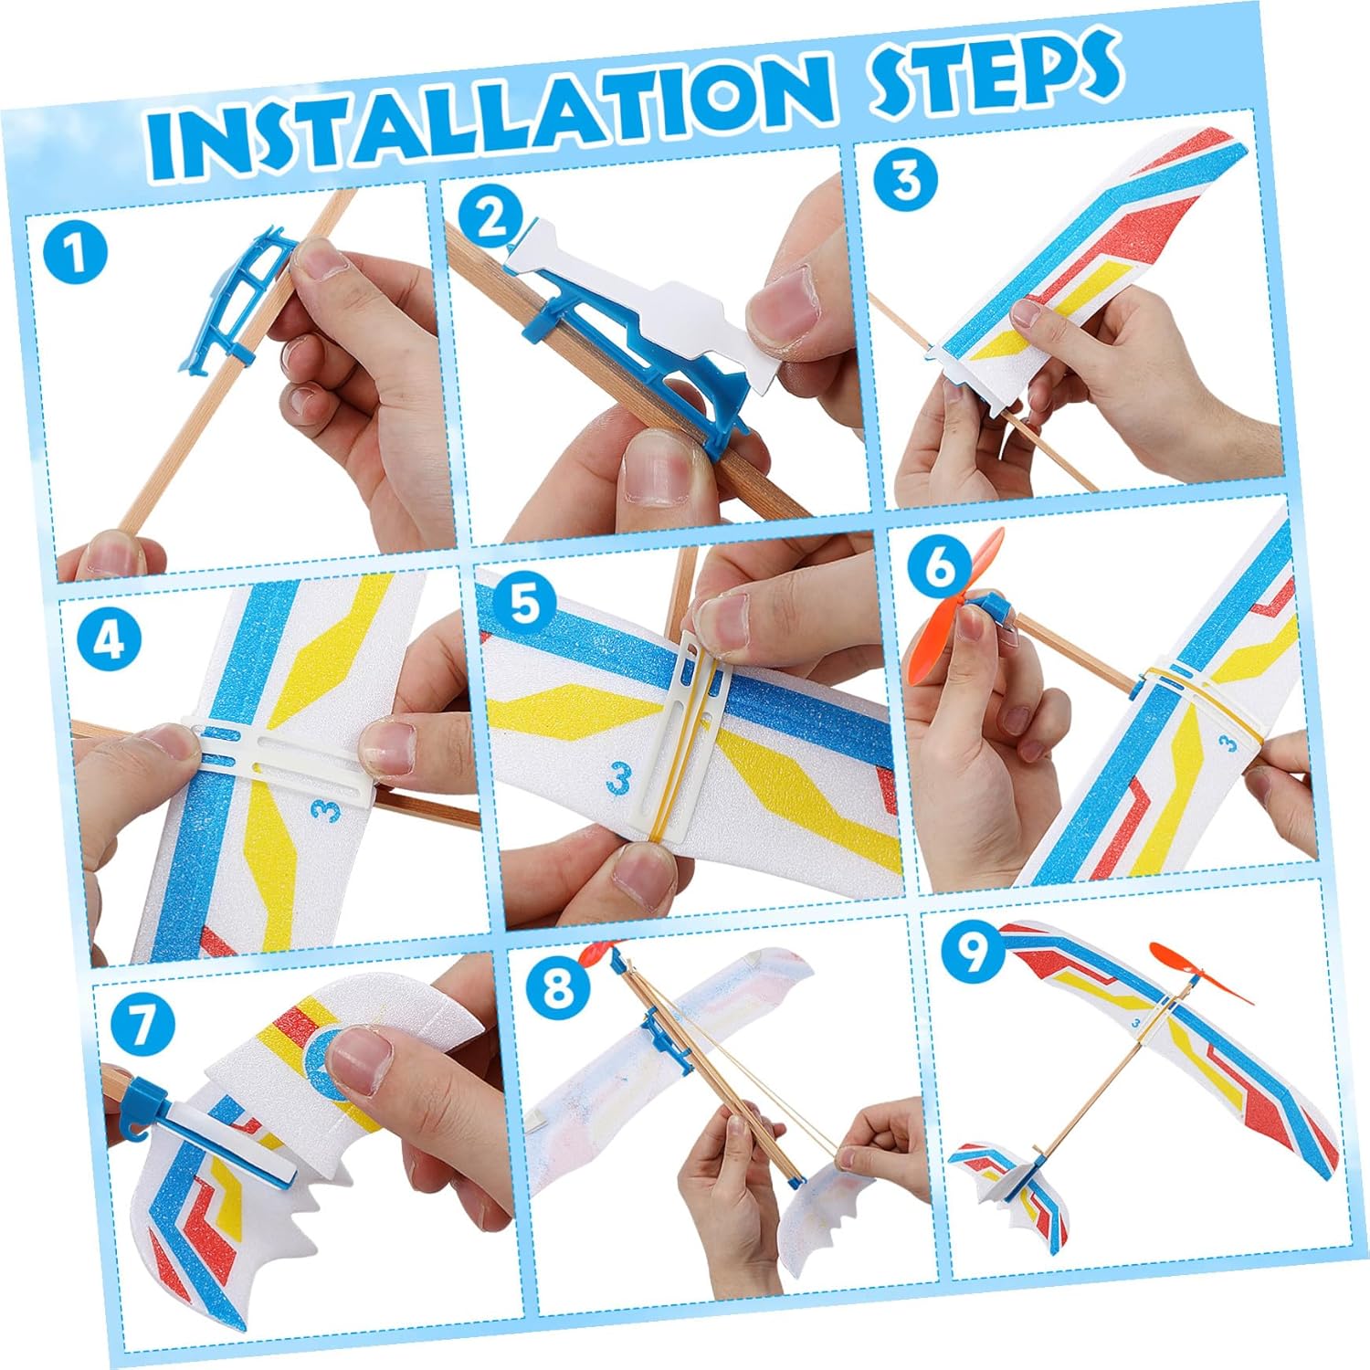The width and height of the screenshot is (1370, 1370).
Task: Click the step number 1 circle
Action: [76, 252]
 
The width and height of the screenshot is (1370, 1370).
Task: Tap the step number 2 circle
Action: [492, 218]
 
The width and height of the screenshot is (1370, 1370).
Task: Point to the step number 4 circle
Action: [109, 639]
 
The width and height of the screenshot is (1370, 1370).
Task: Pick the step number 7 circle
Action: [142, 1025]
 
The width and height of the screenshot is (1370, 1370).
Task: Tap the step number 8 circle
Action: [558, 986]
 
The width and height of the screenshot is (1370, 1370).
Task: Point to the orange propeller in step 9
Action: [1199, 972]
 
